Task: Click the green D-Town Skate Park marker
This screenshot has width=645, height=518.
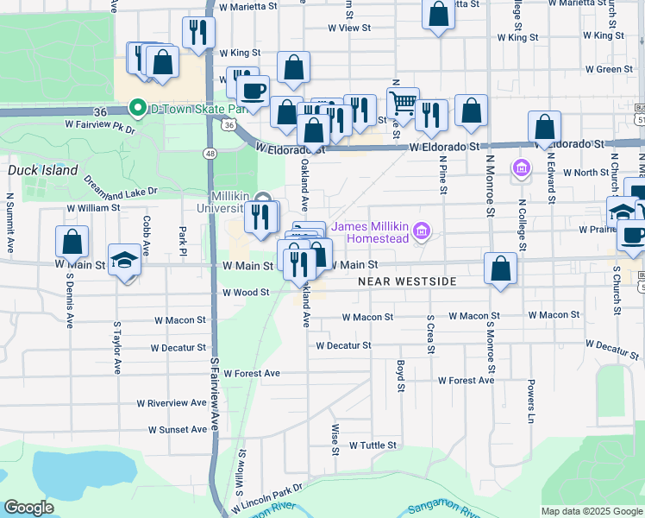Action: pyautogui.click(x=136, y=109)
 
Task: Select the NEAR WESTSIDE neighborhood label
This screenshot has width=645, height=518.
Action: pyautogui.click(x=405, y=282)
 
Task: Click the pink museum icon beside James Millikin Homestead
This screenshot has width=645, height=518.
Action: pyautogui.click(x=421, y=231)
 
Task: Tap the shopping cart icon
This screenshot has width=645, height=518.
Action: pyautogui.click(x=403, y=103)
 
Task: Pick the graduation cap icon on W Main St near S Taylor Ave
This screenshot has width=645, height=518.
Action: pyautogui.click(x=125, y=261)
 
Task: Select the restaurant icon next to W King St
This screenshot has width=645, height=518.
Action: pyautogui.click(x=198, y=33)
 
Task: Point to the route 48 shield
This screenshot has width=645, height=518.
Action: pyautogui.click(x=210, y=153)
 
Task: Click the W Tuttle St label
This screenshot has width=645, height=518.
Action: pyautogui.click(x=373, y=445)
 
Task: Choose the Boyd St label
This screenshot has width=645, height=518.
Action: pyautogui.click(x=401, y=376)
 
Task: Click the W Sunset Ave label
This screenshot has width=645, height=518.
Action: pyautogui.click(x=178, y=429)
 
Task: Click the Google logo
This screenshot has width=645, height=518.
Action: pyautogui.click(x=29, y=507)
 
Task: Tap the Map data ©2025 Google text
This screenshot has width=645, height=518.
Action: pyautogui.click(x=591, y=511)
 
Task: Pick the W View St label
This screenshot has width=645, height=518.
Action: pyautogui.click(x=349, y=28)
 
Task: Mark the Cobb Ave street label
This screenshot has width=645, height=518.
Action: pyautogui.click(x=147, y=234)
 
